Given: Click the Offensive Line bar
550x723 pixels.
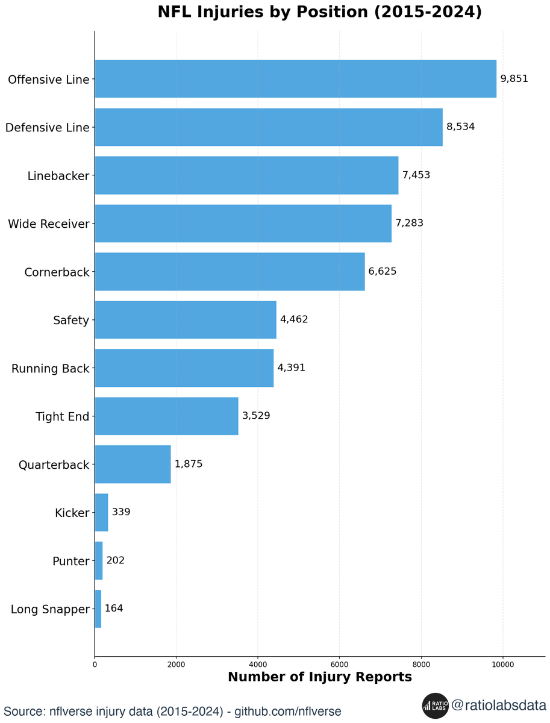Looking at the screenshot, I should (x=295, y=79).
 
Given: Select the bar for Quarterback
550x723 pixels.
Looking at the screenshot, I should (x=133, y=465).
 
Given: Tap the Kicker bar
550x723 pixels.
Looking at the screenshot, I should (x=101, y=513).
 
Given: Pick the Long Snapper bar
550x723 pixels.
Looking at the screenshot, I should (x=98, y=609).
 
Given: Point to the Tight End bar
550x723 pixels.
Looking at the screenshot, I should (x=166, y=416).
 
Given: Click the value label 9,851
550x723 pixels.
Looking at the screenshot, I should (x=514, y=79).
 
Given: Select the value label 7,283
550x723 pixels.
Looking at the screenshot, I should (x=409, y=223).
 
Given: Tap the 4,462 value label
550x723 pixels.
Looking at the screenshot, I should (x=294, y=319).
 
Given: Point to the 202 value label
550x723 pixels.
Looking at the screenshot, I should (x=115, y=560).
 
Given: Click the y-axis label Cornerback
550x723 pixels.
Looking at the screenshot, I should (x=57, y=272).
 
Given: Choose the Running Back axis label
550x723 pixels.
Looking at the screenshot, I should (x=50, y=369).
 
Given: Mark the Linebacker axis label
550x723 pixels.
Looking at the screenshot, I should (x=58, y=176).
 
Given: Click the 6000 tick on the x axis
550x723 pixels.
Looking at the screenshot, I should (x=340, y=665).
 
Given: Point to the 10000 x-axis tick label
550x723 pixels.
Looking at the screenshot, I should (x=503, y=665).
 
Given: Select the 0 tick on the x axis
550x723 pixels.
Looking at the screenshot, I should (x=95, y=665).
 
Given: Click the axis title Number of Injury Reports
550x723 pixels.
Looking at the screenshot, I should (x=319, y=677).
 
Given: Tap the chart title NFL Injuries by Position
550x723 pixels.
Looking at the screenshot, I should (x=319, y=13).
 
